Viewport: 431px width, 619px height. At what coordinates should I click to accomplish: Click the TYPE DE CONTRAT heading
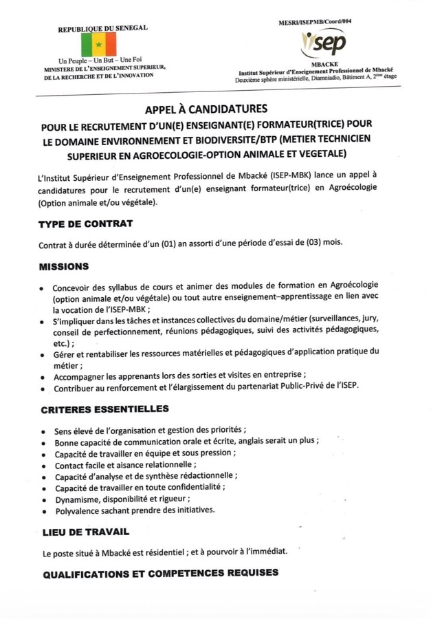pyautogui.click(x=86, y=224)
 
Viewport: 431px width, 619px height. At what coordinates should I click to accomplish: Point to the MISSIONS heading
pyautogui.click(x=64, y=266)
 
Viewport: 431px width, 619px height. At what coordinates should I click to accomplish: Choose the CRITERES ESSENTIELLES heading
pyautogui.click(x=104, y=409)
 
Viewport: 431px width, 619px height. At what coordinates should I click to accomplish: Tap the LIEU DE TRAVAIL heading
pyautogui.click(x=85, y=532)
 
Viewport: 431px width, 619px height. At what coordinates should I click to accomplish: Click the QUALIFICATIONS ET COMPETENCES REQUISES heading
pyautogui.click(x=160, y=572)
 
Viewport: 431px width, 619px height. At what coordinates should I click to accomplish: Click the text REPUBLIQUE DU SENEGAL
pyautogui.click(x=102, y=29)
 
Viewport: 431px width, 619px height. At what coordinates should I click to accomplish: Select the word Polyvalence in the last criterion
pyautogui.click(x=77, y=510)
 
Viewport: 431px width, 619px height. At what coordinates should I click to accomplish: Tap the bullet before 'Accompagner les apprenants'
pyautogui.click(x=43, y=376)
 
